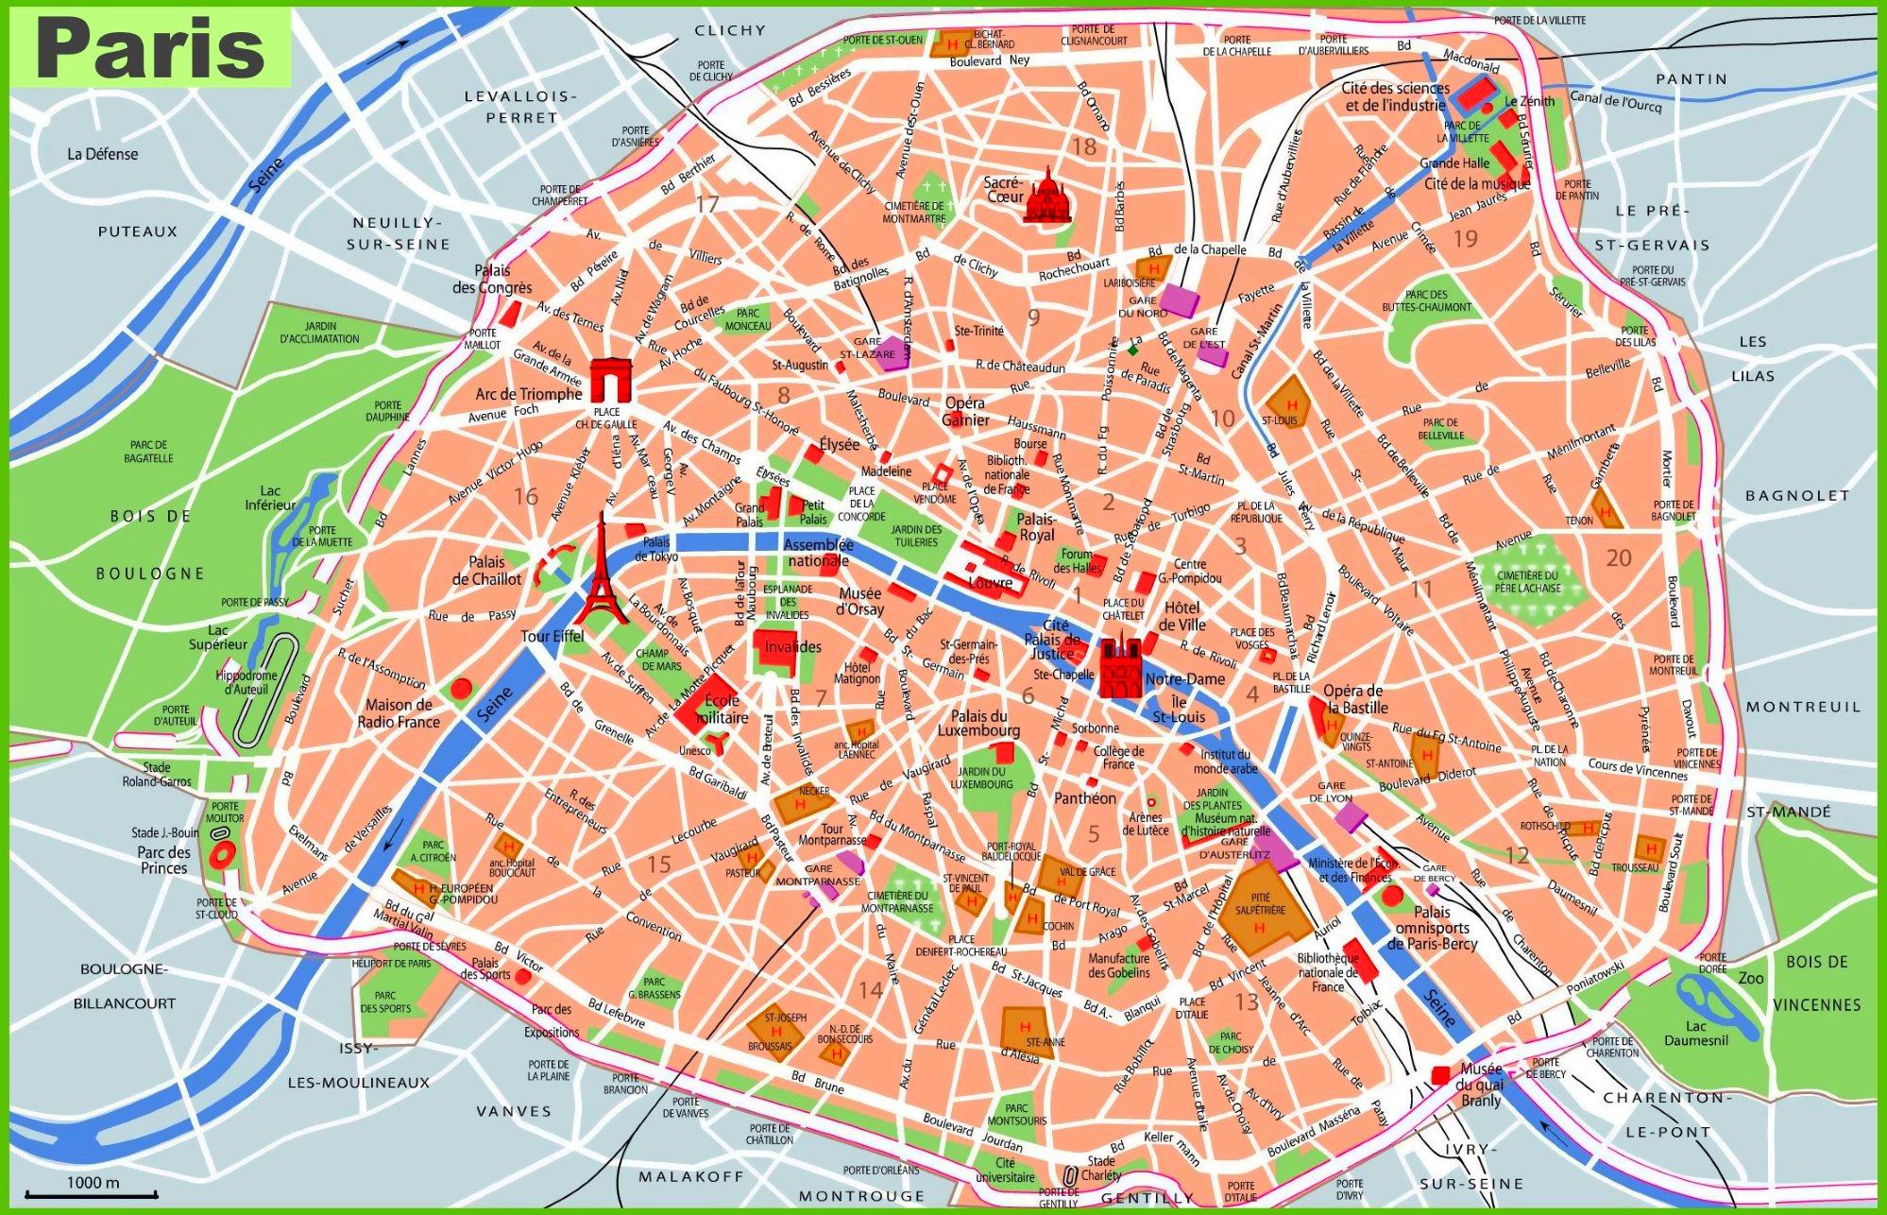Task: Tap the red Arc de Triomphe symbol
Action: (612, 380)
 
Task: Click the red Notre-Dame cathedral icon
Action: (1120, 668)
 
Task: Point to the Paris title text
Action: (151, 48)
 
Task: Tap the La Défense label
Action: (103, 154)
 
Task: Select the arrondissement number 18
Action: (1083, 146)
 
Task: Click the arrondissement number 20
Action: (1619, 558)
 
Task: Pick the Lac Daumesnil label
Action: (1696, 1033)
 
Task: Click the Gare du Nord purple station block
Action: (1179, 300)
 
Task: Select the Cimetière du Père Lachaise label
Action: (1527, 581)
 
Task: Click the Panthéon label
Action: (1085, 798)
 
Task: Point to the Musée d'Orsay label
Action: (859, 601)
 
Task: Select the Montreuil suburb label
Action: (1802, 707)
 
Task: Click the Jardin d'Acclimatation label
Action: (319, 332)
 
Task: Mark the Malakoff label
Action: (690, 1176)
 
